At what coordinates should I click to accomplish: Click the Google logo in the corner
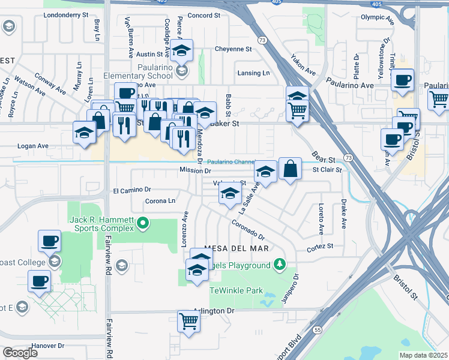(20, 353)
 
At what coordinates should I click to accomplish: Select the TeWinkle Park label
(236, 290)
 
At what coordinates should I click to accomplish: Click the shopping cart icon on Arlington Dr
(188, 322)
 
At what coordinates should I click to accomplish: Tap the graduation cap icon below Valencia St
(229, 194)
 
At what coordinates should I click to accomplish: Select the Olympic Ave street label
(376, 17)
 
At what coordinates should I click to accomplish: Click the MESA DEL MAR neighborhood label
(235, 248)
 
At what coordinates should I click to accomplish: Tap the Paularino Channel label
(231, 162)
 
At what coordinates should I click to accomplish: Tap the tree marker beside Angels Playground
(279, 264)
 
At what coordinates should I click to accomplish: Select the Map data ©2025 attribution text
(423, 355)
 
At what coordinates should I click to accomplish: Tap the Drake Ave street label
(345, 215)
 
